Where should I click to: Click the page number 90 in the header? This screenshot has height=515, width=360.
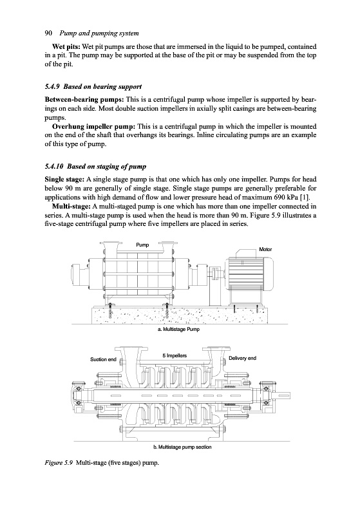pyautogui.click(x=48, y=33)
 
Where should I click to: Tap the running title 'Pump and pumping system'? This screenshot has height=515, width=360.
pyautogui.click(x=99, y=33)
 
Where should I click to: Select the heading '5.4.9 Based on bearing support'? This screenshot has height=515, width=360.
pyautogui.click(x=93, y=87)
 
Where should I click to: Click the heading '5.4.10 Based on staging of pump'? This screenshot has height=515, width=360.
pyautogui.click(x=95, y=167)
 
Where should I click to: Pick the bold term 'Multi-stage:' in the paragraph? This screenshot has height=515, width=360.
pyautogui.click(x=71, y=207)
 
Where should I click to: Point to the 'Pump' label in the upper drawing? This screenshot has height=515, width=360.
pyautogui.click(x=142, y=245)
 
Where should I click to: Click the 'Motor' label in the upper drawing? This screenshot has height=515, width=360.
pyautogui.click(x=265, y=249)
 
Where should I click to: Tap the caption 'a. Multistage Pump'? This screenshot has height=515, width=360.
pyautogui.click(x=178, y=329)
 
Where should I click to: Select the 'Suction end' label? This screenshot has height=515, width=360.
pyautogui.click(x=103, y=359)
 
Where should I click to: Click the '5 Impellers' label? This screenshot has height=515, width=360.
pyautogui.click(x=175, y=355)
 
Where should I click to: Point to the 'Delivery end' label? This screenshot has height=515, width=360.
pyautogui.click(x=242, y=358)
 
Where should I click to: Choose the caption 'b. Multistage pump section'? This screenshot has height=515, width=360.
pyautogui.click(x=182, y=447)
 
